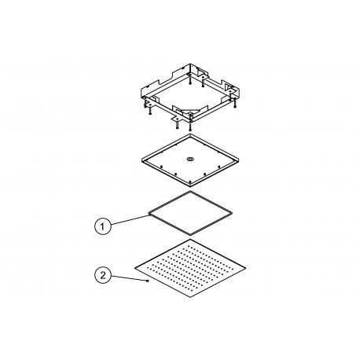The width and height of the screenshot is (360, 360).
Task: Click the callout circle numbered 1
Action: pos(103,226)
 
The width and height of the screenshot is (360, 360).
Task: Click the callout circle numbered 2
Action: pos(103,275)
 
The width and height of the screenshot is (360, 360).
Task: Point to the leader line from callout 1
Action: pos(130,220)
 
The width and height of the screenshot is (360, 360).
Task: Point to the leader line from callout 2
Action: pos(129,278)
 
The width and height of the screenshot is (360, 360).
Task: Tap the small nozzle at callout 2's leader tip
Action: pos(148,281)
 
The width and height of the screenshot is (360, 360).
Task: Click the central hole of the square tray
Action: pos(189,159)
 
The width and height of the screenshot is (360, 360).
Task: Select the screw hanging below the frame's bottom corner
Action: pos(190,127)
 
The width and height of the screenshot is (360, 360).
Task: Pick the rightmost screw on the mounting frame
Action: pos(234,104)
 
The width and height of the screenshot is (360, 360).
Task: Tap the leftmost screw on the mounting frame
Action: pos(144,104)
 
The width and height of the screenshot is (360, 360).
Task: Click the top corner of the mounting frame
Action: pos(190,64)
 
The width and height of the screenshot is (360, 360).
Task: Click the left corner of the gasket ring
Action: pos(149,213)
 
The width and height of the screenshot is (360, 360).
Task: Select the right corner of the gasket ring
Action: pos(232,213)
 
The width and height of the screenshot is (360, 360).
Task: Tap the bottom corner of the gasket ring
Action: pos(190,234)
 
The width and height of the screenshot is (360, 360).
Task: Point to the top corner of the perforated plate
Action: pos(190,239)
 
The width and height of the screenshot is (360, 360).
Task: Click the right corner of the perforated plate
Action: pos(245,268)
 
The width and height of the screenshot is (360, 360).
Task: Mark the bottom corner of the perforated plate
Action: pos(190,298)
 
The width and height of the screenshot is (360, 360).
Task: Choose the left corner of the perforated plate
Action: pos(135,268)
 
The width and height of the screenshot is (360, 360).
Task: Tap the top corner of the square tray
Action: pos(190,134)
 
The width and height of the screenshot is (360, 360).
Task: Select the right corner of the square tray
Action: pos(239,159)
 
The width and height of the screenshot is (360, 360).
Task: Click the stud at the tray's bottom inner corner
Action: pos(189,182)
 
